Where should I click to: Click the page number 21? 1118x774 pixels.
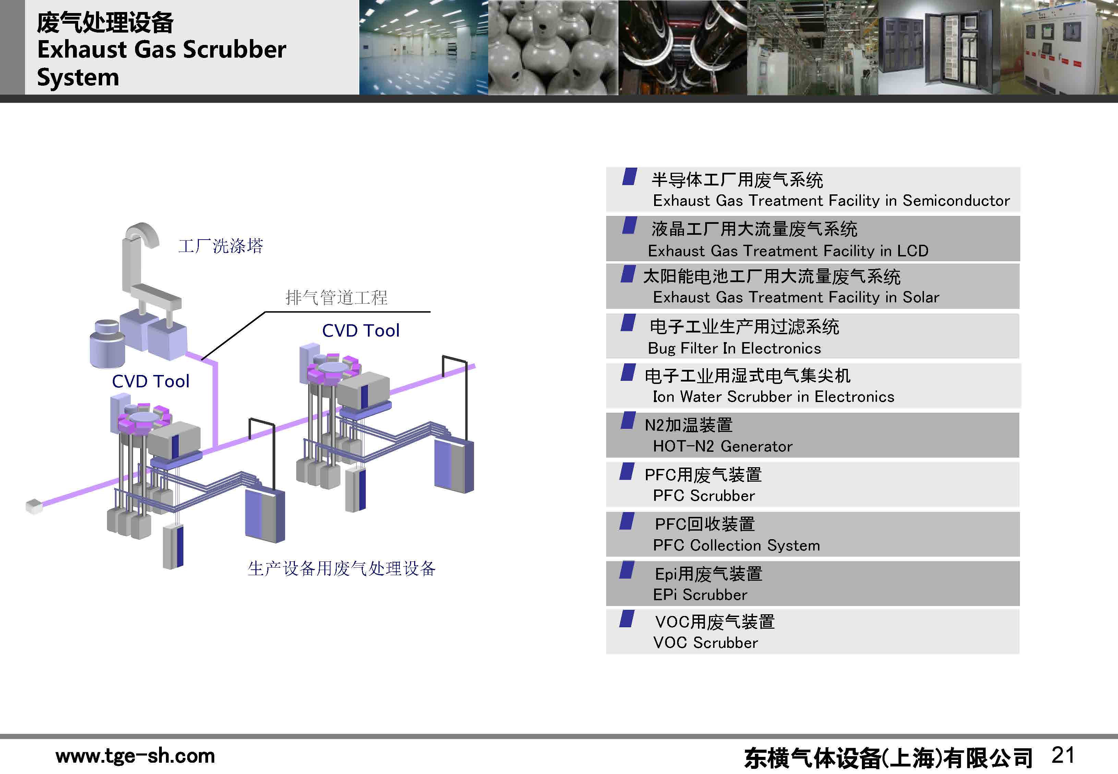(x=1063, y=755)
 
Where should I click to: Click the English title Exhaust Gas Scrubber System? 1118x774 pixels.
(x=161, y=63)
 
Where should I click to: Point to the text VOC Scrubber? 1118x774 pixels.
(x=705, y=643)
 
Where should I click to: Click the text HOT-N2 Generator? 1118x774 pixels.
(x=723, y=447)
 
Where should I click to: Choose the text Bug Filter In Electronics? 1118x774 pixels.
(x=734, y=349)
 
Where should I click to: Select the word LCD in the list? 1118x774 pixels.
(x=912, y=251)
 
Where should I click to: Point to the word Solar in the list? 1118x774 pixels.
(x=921, y=297)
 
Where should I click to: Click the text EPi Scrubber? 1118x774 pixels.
(x=700, y=595)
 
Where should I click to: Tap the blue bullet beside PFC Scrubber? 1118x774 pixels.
(x=627, y=471)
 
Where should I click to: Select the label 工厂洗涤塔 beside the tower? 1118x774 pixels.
(x=221, y=246)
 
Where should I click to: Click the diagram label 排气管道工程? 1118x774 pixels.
(x=337, y=297)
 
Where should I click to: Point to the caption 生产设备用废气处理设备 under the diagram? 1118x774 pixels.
(x=341, y=568)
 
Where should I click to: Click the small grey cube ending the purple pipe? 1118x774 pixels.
(x=34, y=506)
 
